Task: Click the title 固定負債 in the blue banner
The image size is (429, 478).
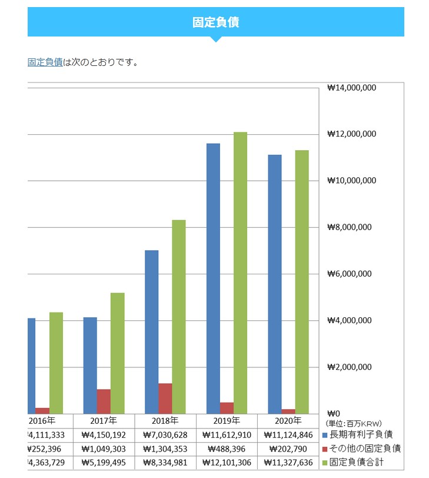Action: (215, 22)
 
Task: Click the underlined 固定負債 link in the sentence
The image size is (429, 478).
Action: (45, 62)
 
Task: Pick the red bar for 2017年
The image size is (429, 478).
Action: (104, 401)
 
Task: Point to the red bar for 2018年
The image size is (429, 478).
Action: (165, 398)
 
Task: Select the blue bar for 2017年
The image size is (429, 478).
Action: (90, 365)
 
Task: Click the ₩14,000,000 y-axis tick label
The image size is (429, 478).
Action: (351, 88)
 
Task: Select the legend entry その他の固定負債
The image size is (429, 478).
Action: (364, 449)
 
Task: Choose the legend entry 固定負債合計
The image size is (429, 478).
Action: (361, 462)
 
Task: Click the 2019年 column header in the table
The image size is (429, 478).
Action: (227, 421)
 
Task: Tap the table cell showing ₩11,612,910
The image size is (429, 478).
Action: (227, 436)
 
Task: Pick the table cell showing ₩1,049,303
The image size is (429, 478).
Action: (104, 449)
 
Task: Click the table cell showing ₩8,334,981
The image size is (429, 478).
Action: (165, 463)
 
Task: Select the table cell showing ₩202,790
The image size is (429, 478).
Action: (288, 449)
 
